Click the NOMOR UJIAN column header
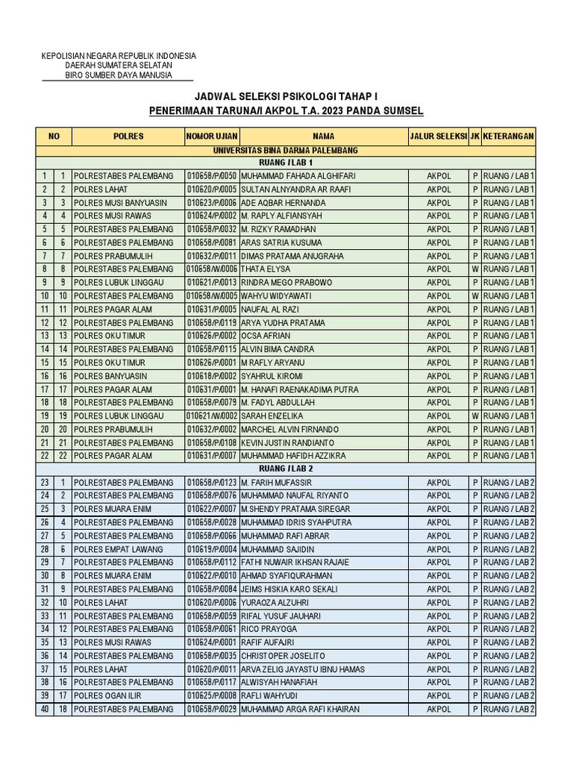211,137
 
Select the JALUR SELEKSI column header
437,137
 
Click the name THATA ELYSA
265,269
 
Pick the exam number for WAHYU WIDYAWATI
211,296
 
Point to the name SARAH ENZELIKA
271,416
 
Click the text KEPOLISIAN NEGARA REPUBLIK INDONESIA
119,56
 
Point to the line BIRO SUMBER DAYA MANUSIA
119,75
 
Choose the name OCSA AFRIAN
266,336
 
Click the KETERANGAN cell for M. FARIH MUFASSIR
508,483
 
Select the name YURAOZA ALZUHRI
275,603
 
